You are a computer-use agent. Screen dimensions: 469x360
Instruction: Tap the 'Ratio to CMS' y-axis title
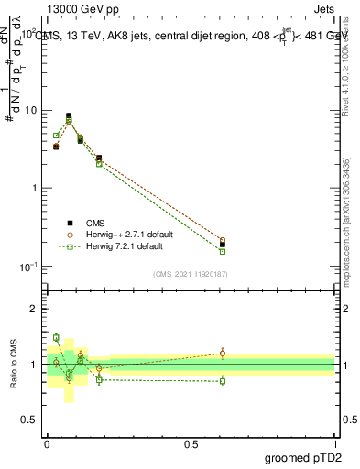coord(15,365)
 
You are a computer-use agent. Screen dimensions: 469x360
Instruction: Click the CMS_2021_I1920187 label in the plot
coord(190,274)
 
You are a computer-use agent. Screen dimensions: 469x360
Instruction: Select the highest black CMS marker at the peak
coord(69,116)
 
